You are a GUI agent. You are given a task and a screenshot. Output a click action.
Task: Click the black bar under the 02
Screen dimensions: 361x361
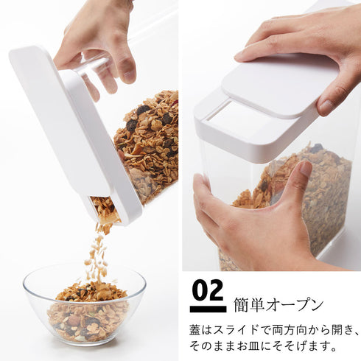208,309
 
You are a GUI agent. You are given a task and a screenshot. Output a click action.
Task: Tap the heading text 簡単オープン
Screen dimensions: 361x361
278,305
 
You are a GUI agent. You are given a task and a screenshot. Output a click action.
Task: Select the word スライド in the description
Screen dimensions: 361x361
237,330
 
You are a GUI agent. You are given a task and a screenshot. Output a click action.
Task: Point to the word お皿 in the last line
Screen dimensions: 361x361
248,346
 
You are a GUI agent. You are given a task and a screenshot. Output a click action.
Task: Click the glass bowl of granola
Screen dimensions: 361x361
84,304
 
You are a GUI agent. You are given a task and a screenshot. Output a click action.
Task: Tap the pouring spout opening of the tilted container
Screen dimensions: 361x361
105,208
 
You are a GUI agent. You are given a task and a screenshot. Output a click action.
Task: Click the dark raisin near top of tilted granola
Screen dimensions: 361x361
143,109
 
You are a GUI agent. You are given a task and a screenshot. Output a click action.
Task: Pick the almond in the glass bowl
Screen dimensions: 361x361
74,320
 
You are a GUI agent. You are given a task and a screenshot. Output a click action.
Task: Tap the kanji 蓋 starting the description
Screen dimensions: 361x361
194,330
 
